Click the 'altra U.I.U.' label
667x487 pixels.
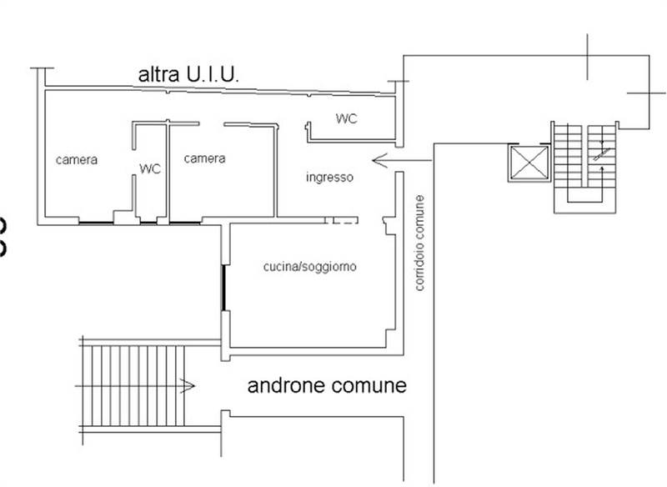tap(188, 75)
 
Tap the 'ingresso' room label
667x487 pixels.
tap(329, 178)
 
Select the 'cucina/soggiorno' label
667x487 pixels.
tap(309, 267)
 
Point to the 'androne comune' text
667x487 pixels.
tap(327, 385)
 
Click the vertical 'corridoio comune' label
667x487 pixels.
tap(419, 243)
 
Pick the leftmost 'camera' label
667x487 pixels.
tap(77, 160)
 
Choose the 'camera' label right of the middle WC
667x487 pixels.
tap(204, 158)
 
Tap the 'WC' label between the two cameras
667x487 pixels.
tap(150, 168)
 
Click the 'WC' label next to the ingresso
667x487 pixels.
tap(346, 118)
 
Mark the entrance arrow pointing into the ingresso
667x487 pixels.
tap(402, 160)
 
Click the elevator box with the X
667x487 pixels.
tap(529, 163)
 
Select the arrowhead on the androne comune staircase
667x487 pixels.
tap(188, 386)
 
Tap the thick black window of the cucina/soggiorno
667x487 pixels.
tap(223, 288)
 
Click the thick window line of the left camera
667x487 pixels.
tap(96, 223)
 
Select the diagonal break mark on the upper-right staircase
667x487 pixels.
tap(601, 154)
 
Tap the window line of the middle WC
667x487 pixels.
tap(148, 223)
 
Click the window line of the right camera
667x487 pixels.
tap(185, 223)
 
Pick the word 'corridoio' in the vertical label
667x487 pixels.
tap(419, 266)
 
